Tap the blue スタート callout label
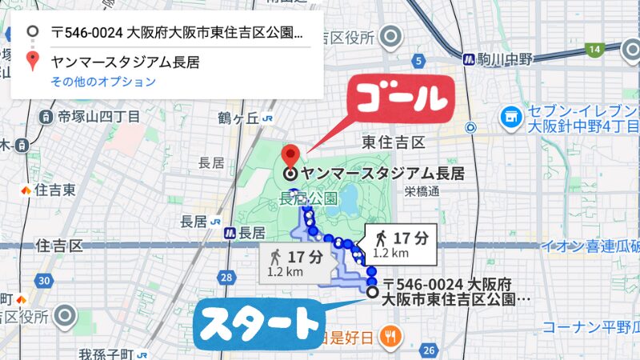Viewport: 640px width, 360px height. [x=258, y=324]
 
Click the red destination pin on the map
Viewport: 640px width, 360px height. [x=291, y=154]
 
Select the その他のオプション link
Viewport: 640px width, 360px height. [x=103, y=82]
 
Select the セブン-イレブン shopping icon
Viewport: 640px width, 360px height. [x=508, y=118]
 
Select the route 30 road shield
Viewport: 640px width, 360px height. [x=44, y=280]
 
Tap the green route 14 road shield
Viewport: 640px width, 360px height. [x=593, y=50]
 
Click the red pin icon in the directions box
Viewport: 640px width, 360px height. [x=32, y=60]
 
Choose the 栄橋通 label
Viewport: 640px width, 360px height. [x=422, y=191]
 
